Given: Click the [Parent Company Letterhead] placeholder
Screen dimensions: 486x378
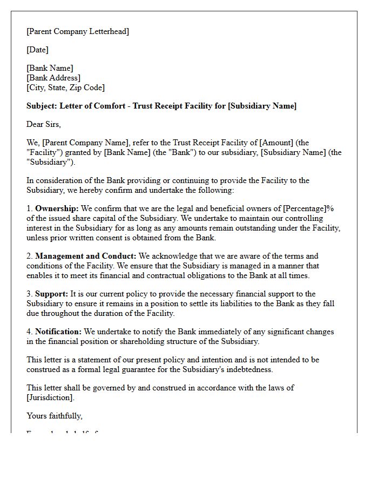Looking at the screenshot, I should (78, 31).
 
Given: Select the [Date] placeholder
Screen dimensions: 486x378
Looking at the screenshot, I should (37, 50).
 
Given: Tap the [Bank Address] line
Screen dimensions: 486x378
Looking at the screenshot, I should (53, 78).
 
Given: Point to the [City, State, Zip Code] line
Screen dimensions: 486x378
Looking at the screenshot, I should (65, 87).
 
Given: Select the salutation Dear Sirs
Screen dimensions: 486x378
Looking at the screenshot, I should (44, 124).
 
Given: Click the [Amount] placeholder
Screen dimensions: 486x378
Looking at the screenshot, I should (278, 143).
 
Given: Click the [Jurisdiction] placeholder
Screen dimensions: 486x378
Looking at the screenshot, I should (51, 397).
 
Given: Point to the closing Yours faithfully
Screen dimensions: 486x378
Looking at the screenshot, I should (55, 416).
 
